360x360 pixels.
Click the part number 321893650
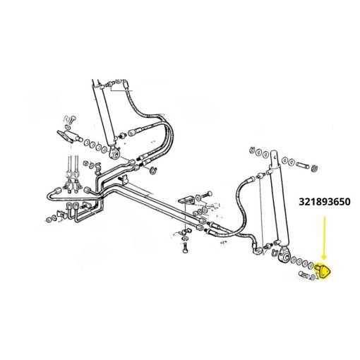coord(325,202)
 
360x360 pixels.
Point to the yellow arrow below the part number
coord(325,238)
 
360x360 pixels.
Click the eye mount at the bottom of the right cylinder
coord(284,256)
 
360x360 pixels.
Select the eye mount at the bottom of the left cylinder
coord(114,153)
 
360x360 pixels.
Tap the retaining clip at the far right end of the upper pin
coord(314,168)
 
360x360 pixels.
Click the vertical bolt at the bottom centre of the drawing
coord(185,248)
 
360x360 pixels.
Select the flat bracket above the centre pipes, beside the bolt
coord(187,200)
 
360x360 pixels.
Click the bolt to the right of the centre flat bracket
coord(207,195)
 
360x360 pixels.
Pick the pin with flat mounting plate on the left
coord(69,136)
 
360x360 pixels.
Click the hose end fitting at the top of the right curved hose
coord(249,179)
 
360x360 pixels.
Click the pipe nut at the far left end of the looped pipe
coord(58,190)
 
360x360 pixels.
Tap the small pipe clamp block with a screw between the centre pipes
coord(124,180)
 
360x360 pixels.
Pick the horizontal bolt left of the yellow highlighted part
coord(304,275)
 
